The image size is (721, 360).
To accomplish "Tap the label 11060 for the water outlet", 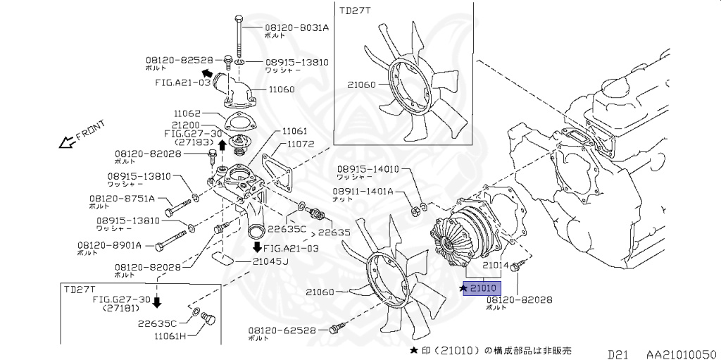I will (282, 89).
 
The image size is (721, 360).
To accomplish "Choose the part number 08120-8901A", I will (110, 245).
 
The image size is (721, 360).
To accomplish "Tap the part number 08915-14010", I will (368, 169).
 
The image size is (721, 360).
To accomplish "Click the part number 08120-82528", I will (179, 61).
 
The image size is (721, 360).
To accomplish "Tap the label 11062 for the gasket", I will (187, 113).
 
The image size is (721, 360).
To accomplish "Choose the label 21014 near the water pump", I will (495, 265).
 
